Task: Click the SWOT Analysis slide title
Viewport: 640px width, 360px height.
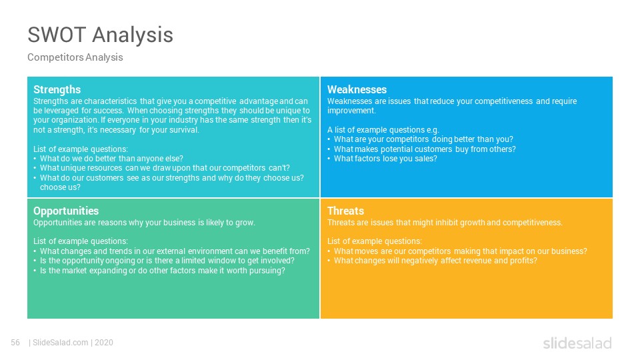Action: coord(101,35)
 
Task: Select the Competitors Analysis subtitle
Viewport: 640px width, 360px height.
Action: coord(75,57)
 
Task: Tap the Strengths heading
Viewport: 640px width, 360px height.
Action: coord(57,90)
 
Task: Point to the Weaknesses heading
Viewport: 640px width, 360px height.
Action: coord(357,89)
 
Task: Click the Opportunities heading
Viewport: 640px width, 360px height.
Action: coord(66,211)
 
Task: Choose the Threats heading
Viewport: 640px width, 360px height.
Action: coord(346,211)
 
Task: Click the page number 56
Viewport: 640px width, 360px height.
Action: coord(15,343)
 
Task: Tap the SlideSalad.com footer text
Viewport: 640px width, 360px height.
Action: coord(61,343)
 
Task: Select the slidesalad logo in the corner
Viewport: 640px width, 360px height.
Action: coord(577,343)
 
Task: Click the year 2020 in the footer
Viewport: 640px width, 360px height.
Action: coord(104,343)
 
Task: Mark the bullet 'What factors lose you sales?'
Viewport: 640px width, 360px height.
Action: coord(385,159)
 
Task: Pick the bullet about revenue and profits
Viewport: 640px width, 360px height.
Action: coord(435,261)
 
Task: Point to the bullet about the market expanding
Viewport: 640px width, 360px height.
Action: coord(163,271)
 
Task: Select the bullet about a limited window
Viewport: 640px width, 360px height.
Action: coord(167,261)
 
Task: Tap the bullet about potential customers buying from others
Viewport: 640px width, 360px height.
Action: coord(425,149)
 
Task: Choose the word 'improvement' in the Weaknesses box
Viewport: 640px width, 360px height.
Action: coord(351,111)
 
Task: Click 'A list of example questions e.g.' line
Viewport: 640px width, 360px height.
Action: coord(383,130)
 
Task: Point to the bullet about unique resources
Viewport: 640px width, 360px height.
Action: coord(165,168)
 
